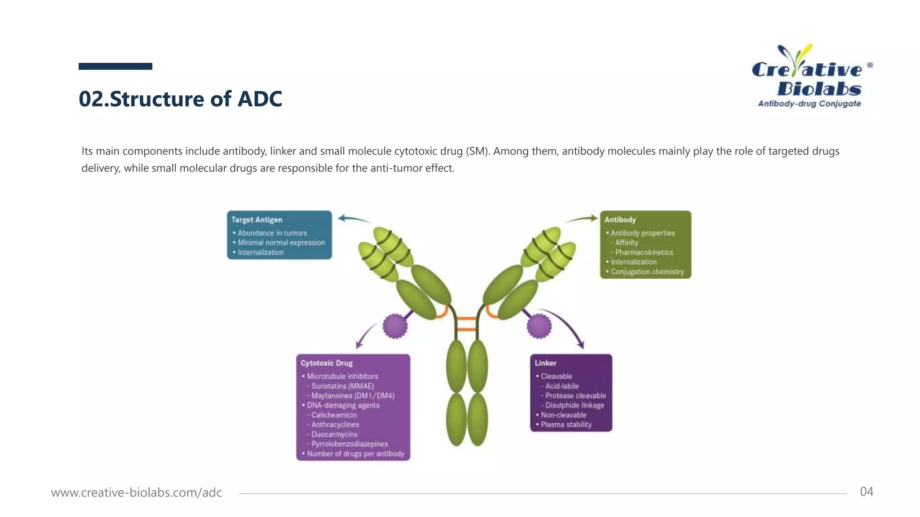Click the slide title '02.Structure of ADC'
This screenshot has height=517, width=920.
coord(180,99)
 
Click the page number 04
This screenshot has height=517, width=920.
coord(866,491)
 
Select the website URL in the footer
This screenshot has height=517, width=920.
coord(137,492)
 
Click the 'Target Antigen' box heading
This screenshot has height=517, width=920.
coord(257,219)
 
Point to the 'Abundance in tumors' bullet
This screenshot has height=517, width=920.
coord(272,233)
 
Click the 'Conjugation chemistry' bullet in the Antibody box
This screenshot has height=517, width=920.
coord(647,272)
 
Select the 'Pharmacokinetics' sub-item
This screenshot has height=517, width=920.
coord(644,252)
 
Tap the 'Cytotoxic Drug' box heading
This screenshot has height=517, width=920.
coord(327,363)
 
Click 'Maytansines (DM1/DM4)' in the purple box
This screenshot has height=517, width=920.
coord(353,395)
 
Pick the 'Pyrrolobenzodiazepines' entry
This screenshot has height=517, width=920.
coord(349,444)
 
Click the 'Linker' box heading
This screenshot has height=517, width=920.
coord(545,363)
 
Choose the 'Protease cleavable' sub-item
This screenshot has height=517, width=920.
coord(575,395)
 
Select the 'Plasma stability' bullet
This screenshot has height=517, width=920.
coord(566,425)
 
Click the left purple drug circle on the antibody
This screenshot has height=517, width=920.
coord(395,326)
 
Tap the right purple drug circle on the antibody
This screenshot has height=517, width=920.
coord(539,326)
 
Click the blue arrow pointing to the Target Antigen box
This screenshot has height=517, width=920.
coord(354,219)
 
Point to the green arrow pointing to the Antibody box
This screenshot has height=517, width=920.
coord(581,219)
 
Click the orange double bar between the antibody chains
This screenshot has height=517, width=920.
coord(466,324)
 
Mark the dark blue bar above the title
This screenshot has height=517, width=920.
coord(115,66)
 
